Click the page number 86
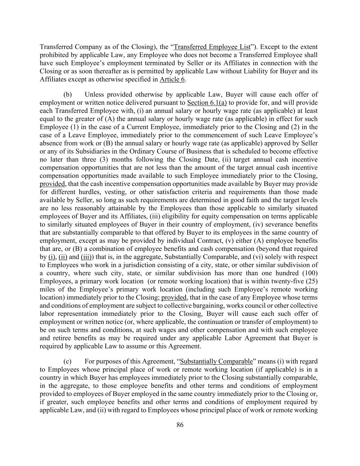coord(180,425)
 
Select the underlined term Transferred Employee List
coord(212,47)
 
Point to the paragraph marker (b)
coord(67,95)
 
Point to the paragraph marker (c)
coord(67,361)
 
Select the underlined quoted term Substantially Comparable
coord(216,361)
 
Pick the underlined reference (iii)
coord(86,257)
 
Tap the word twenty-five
coord(290,281)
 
